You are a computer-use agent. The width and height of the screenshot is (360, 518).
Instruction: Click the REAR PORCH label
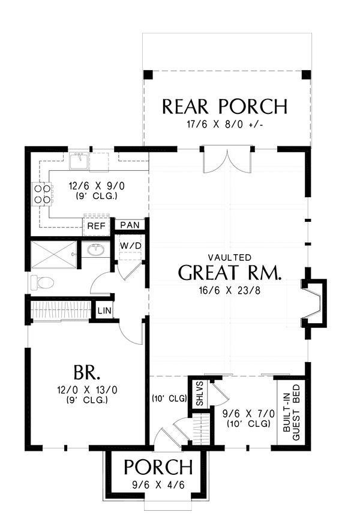(x=224, y=106)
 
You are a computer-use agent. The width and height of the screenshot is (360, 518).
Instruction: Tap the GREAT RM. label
(x=230, y=272)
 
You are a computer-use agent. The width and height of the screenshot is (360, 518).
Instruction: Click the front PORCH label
(x=158, y=467)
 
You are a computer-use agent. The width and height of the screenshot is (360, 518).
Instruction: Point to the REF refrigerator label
(x=96, y=226)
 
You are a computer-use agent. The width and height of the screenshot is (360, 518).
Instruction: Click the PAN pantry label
(x=130, y=225)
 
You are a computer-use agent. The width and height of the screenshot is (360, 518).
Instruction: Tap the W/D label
(x=131, y=246)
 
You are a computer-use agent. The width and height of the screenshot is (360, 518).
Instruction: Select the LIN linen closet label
(x=104, y=311)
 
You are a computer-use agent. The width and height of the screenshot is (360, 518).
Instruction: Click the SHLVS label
(x=200, y=394)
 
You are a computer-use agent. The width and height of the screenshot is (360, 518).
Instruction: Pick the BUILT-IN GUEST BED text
(x=292, y=412)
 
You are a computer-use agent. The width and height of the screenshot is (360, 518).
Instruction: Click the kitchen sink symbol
(x=79, y=161)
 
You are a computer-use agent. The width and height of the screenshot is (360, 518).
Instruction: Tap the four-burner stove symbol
(x=43, y=194)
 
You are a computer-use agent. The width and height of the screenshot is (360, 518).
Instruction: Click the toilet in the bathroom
(x=42, y=283)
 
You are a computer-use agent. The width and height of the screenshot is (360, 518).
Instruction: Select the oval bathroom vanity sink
(x=96, y=250)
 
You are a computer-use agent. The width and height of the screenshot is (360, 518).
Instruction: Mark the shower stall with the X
(x=53, y=255)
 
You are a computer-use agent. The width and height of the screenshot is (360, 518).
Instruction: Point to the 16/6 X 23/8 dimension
(x=230, y=290)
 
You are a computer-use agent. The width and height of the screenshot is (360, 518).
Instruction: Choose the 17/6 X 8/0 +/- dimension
(x=224, y=125)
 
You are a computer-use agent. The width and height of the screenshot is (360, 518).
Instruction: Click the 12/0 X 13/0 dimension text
(x=87, y=390)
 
